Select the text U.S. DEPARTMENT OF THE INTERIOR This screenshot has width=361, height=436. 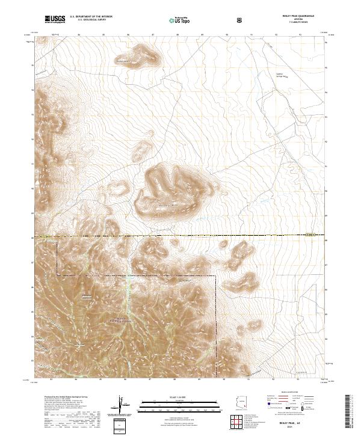[x=91, y=17]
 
